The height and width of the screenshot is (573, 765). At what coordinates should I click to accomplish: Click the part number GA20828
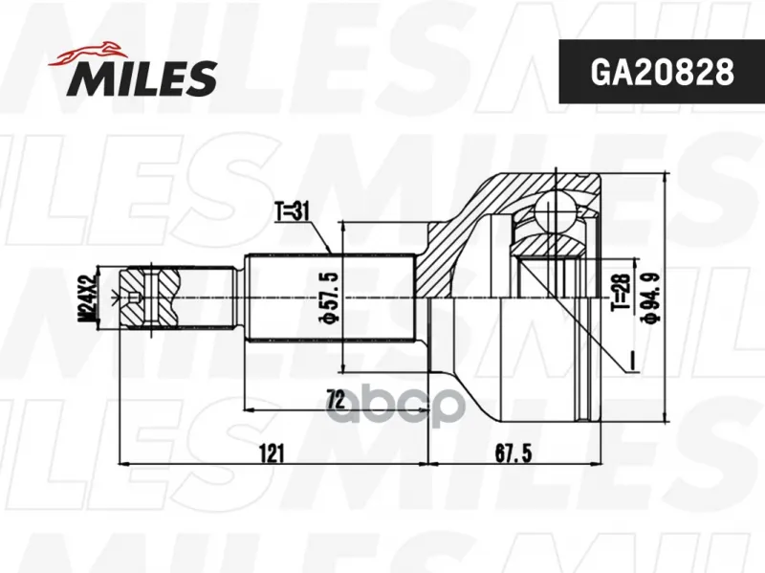click(x=662, y=73)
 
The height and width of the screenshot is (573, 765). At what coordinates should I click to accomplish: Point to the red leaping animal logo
click(x=87, y=53)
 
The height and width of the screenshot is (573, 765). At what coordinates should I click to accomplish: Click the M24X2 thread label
click(x=87, y=298)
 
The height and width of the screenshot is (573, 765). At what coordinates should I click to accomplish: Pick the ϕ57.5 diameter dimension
click(x=327, y=298)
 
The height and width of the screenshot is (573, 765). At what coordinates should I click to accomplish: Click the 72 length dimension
click(x=336, y=399)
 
